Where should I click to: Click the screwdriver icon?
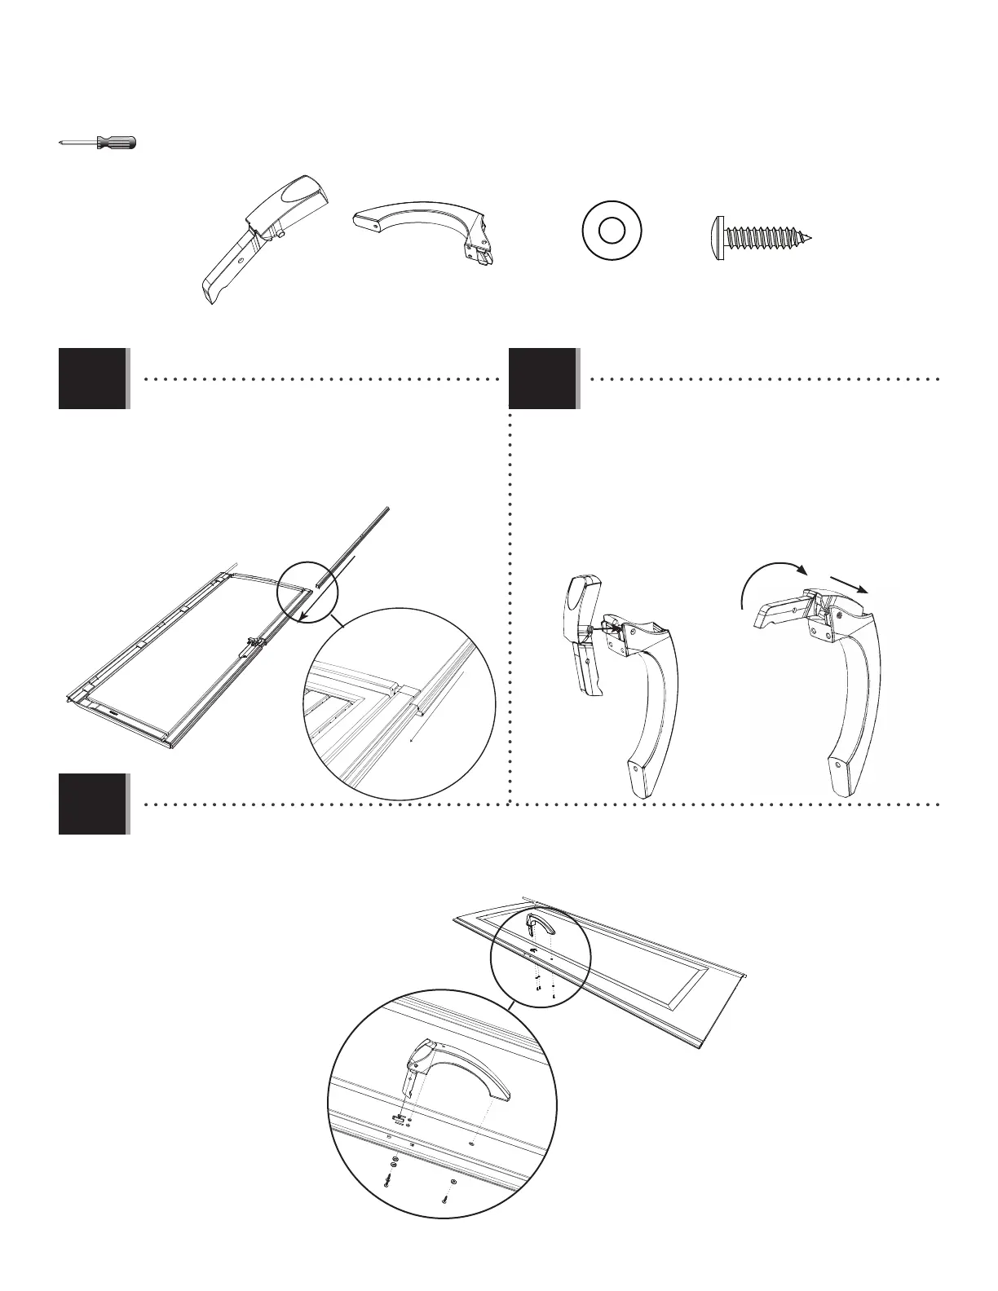pyautogui.click(x=98, y=143)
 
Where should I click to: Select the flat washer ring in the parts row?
pyautogui.click(x=612, y=231)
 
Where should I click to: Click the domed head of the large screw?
pyautogui.click(x=718, y=238)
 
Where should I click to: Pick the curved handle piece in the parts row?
pyautogui.click(x=424, y=228)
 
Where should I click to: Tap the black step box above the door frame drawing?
pyautogui.click(x=92, y=379)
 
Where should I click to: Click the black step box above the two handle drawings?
pyautogui.click(x=542, y=379)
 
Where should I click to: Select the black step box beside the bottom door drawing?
pyautogui.click(x=92, y=804)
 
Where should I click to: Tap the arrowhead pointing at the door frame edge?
pyautogui.click(x=303, y=619)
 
